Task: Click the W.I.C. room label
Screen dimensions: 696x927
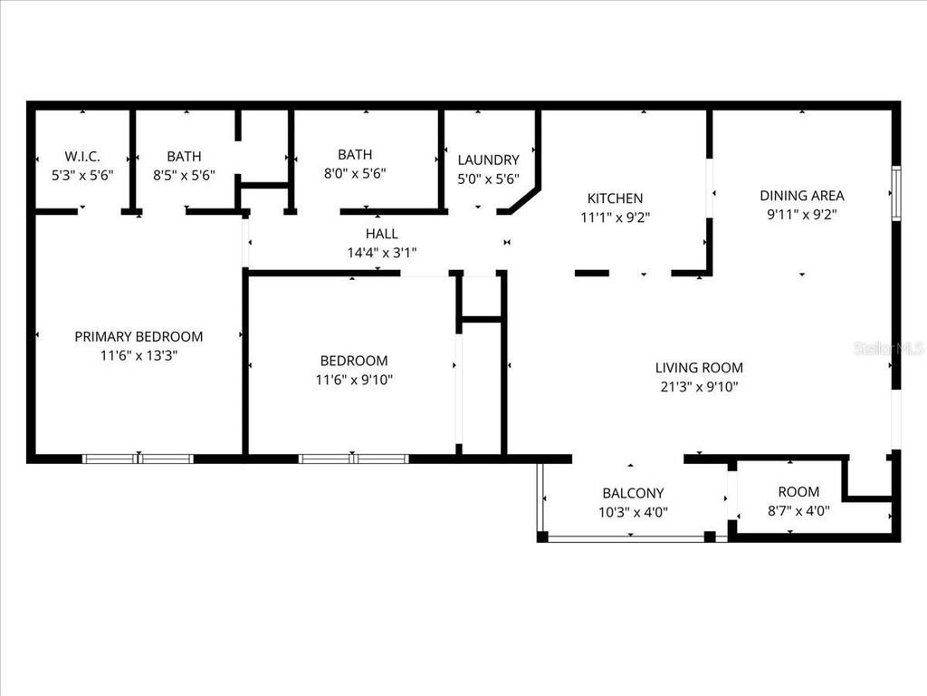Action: [x=81, y=156]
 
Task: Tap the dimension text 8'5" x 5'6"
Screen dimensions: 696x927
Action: [x=184, y=175]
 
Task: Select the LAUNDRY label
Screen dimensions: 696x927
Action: [x=488, y=159]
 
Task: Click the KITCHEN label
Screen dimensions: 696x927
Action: [x=615, y=198]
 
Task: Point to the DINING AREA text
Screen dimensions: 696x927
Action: [x=801, y=195]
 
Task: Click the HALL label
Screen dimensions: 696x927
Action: [x=381, y=234]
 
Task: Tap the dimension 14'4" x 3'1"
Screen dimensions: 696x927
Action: [x=381, y=253]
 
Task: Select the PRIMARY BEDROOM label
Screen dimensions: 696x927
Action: [x=139, y=336]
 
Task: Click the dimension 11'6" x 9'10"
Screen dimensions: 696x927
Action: [x=353, y=380]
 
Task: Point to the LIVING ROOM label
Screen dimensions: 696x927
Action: [x=699, y=367]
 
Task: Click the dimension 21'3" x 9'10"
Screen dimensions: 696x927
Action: [x=699, y=387]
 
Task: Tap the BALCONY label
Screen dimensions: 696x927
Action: [x=633, y=493]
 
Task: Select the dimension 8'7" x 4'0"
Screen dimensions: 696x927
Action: [x=798, y=510]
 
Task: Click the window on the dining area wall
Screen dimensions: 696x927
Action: [x=896, y=193]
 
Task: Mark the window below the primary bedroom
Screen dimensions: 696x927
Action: [x=138, y=459]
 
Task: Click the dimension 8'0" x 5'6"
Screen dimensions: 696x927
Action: [x=354, y=174]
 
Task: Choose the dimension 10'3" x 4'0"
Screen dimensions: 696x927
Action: [x=633, y=511]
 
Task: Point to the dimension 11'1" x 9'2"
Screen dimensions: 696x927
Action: [x=615, y=217]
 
